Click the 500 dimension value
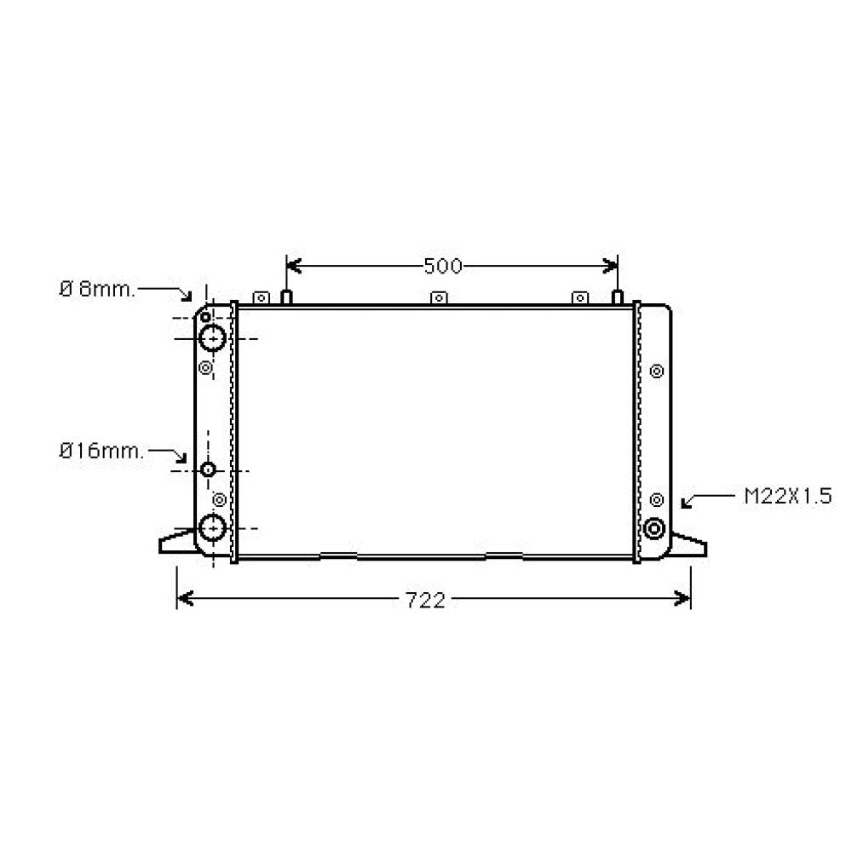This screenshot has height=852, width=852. point(442,267)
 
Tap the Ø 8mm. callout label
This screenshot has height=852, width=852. point(97,289)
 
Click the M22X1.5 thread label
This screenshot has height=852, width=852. point(787,497)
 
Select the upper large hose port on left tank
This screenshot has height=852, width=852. point(212,338)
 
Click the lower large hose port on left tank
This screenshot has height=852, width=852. point(212,528)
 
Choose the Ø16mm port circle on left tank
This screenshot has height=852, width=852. point(210,470)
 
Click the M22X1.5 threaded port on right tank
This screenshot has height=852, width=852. point(655,528)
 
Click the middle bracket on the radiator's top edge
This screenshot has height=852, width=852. point(439,297)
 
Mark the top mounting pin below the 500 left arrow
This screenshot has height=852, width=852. point(287,296)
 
